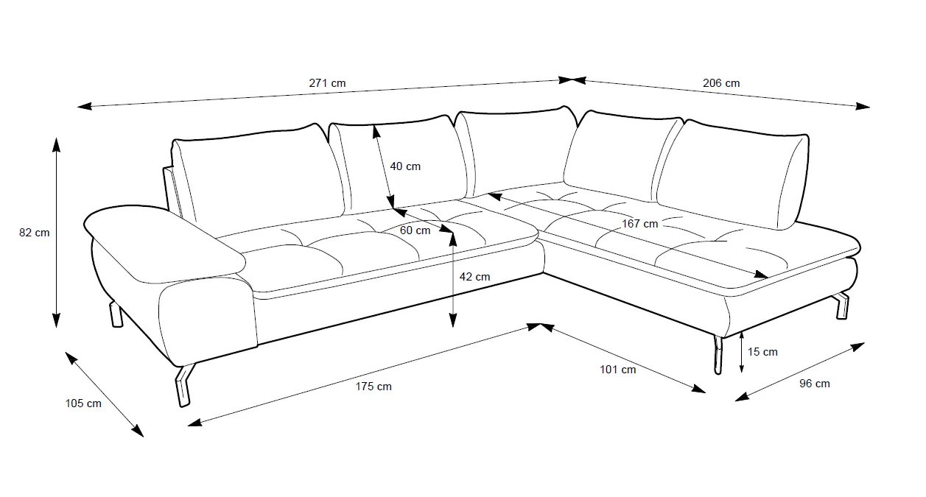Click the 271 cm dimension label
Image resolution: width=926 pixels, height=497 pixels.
tap(327, 83)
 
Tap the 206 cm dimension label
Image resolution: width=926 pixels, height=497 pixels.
tap(721, 83)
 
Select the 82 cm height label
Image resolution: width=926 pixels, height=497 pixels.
tap(35, 233)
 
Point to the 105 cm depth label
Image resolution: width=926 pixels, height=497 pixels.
tap(83, 403)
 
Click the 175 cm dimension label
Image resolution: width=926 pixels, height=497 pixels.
tap(373, 387)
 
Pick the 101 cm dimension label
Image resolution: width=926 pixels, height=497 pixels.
tap(618, 370)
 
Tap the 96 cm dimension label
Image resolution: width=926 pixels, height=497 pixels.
tap(814, 384)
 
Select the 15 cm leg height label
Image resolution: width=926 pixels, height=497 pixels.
tap(762, 352)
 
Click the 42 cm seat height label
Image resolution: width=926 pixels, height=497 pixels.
tap(474, 277)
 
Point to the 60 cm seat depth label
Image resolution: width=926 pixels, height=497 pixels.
tap(415, 230)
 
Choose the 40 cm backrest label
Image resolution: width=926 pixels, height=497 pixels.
tap(405, 166)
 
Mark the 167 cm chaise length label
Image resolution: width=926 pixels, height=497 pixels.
tap(639, 223)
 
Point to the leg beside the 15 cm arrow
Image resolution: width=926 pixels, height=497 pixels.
tap(715, 354)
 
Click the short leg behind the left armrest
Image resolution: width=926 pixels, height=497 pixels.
tap(116, 314)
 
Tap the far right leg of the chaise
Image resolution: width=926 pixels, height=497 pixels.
tap(842, 306)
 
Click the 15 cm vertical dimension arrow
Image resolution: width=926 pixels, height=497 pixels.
tap(741, 352)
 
